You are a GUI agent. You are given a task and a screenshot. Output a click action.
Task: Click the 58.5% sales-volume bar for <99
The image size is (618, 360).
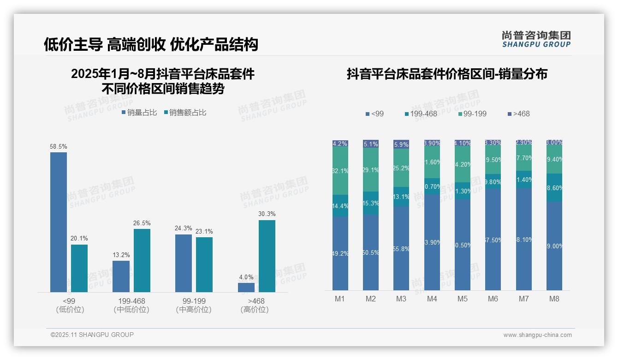point(59,222)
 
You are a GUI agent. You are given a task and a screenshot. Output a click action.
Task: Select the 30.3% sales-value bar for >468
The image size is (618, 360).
point(267,256)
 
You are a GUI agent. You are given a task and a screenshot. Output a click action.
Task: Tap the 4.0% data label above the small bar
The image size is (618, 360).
point(246,277)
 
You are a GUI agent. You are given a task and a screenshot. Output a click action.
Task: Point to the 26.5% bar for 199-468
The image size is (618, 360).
point(142,260)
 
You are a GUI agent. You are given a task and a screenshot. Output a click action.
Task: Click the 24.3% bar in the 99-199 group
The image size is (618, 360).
point(184,263)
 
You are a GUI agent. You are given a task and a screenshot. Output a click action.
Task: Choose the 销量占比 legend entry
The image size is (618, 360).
point(139,113)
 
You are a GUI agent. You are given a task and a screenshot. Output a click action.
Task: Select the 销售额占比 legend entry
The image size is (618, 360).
point(185,113)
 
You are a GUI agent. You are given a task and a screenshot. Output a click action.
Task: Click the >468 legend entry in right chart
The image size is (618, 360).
point(518,114)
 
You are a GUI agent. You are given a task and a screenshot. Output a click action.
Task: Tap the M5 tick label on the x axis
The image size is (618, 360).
point(462,299)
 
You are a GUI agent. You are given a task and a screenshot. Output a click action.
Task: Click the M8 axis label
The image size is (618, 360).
point(554,299)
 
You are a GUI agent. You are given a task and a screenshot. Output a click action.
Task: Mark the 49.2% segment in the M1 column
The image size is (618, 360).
point(340,253)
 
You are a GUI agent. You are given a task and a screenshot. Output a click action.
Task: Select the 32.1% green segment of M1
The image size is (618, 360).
point(340,171)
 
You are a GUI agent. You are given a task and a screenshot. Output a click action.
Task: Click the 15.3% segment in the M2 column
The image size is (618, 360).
point(371,203)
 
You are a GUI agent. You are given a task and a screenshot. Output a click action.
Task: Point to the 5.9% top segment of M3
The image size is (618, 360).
point(401,144)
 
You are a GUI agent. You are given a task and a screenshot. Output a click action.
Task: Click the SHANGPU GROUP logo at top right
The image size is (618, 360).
point(536,39)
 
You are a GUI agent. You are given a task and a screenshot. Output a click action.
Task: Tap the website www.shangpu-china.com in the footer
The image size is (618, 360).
point(537,335)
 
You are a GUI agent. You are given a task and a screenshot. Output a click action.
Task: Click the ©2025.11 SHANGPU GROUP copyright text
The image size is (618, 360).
point(92,335)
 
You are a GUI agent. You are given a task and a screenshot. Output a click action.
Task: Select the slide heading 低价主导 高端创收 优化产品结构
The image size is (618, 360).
point(151,44)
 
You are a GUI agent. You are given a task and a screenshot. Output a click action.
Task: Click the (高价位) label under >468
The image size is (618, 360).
point(254,310)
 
